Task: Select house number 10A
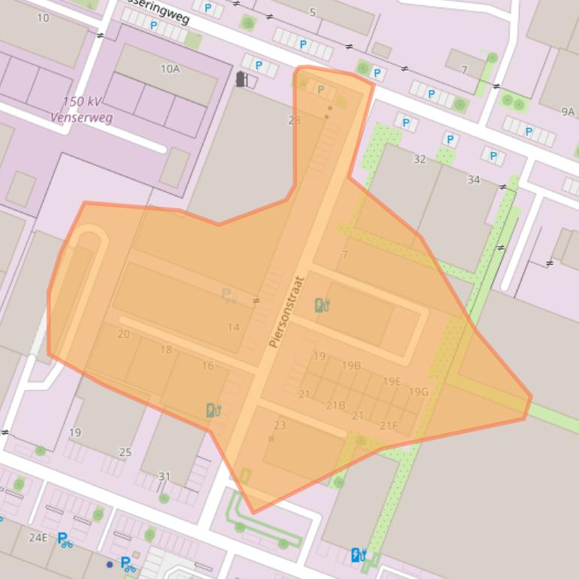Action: [170, 69]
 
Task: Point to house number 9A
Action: [567, 112]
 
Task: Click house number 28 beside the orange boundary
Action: [294, 120]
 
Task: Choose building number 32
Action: [420, 159]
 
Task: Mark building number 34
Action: [474, 180]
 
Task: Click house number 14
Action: [233, 327]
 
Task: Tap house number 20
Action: [123, 334]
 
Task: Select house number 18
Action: [165, 350]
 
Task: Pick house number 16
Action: [208, 366]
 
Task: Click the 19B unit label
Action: [351, 366]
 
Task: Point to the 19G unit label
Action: [419, 392]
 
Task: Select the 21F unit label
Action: [389, 426]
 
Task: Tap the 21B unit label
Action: [335, 406]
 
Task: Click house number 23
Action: [280, 426]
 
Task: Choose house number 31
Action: [165, 477]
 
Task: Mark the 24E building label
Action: [38, 538]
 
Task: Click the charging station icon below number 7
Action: [322, 305]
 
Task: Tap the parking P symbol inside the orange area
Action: [321, 90]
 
